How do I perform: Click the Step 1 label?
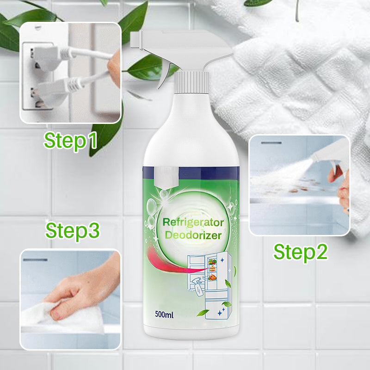click(71, 141)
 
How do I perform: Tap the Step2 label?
click(300, 253)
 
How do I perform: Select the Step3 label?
click(73, 231)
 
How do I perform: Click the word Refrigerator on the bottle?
click(193, 222)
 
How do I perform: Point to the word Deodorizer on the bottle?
click(193, 235)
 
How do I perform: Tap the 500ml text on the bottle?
click(164, 314)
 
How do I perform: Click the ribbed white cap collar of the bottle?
click(191, 83)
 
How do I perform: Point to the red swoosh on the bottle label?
click(170, 262)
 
